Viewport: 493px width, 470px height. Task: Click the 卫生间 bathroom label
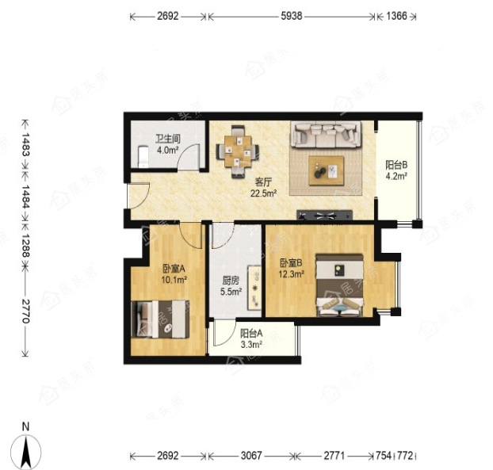(x=167, y=139)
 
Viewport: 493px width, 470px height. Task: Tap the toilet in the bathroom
(x=143, y=156)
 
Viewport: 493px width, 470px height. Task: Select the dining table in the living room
(x=238, y=151)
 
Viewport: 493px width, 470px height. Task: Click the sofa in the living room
(x=326, y=135)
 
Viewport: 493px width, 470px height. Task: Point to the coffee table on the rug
(x=326, y=170)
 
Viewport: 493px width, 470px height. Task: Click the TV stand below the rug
(x=324, y=215)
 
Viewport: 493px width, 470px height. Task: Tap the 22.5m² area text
(x=263, y=193)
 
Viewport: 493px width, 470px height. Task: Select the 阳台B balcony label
(x=396, y=165)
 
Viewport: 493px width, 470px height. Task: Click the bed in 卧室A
(x=160, y=319)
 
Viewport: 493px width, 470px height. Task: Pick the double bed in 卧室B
(x=340, y=285)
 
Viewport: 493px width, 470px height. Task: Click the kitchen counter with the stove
(x=254, y=288)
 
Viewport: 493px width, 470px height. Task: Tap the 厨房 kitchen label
(x=231, y=281)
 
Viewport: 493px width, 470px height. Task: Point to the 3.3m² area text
(x=251, y=345)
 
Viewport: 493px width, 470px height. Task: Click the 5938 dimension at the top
(x=292, y=16)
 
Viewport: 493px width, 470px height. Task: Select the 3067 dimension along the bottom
(x=251, y=455)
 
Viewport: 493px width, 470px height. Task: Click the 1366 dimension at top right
(x=397, y=16)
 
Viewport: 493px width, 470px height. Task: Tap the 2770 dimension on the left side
(x=25, y=311)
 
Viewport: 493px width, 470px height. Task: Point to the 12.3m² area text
(x=291, y=274)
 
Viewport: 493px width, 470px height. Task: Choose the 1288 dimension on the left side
(x=25, y=245)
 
